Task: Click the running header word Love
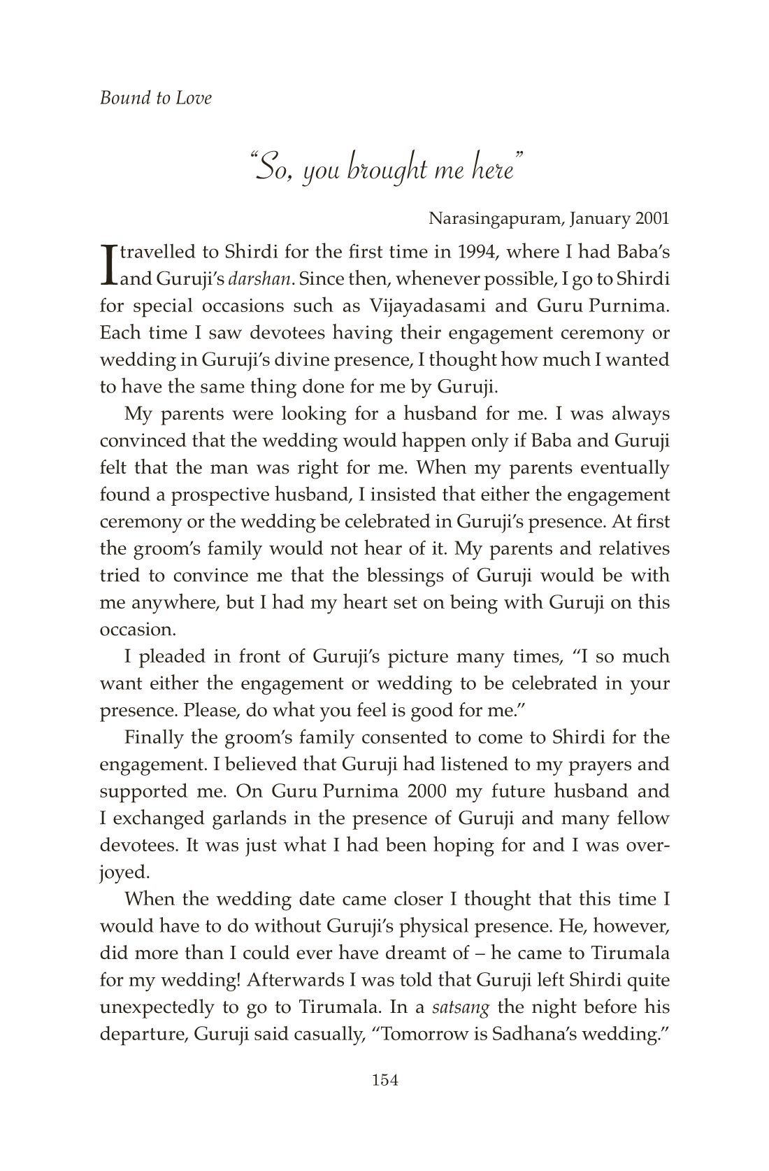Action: coord(195,98)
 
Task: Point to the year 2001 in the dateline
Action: coord(652,218)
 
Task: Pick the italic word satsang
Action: coord(459,1007)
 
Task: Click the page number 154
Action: coord(384,1080)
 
